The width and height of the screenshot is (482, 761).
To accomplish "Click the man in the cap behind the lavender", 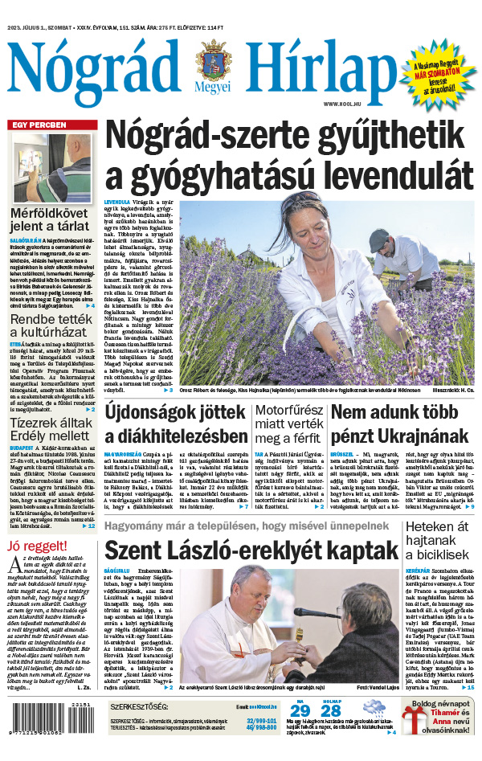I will pos(379,243).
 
